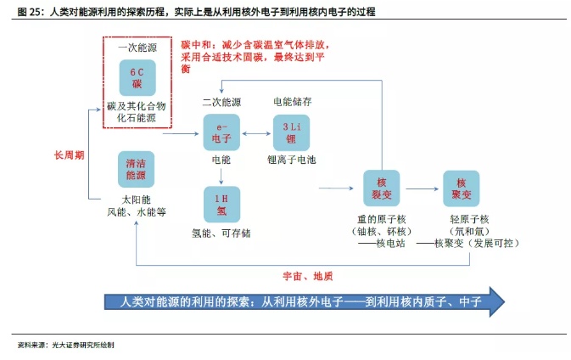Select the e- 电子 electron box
tap(221, 132)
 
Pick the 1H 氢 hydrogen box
tap(221, 204)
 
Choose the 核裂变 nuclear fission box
tap(381, 188)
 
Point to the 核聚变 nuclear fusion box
tap(462, 188)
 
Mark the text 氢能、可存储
tap(221, 232)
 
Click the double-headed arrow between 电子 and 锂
tap(255, 133)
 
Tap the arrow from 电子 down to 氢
tap(221, 175)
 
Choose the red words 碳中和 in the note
tap(194, 42)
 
